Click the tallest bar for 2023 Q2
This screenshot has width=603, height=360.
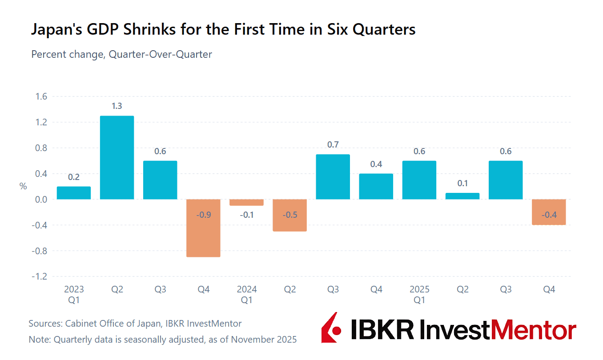tap(117, 157)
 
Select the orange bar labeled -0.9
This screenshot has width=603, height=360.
tap(203, 228)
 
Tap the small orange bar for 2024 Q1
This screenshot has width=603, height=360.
tap(246, 203)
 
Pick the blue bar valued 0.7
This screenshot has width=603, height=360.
tap(333, 177)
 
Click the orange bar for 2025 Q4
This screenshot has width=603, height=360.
tap(549, 212)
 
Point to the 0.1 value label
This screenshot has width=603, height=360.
tap(462, 184)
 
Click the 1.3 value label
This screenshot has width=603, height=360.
tap(117, 106)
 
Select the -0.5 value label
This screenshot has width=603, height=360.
tap(289, 215)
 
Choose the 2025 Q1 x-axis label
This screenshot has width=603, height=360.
tap(419, 295)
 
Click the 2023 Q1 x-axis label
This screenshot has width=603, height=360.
tap(74, 295)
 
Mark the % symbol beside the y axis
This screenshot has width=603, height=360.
tap(23, 187)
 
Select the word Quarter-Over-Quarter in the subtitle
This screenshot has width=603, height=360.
tap(161, 54)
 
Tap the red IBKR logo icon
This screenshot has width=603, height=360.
tap(331, 328)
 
